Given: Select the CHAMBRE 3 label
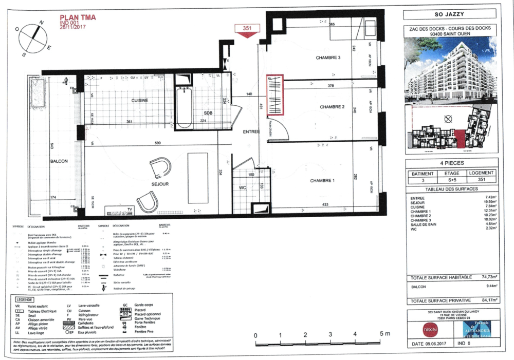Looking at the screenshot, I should click(x=328, y=58).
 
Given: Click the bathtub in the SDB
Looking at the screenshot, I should click(x=183, y=107).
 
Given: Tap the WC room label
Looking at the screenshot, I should click(x=242, y=188).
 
